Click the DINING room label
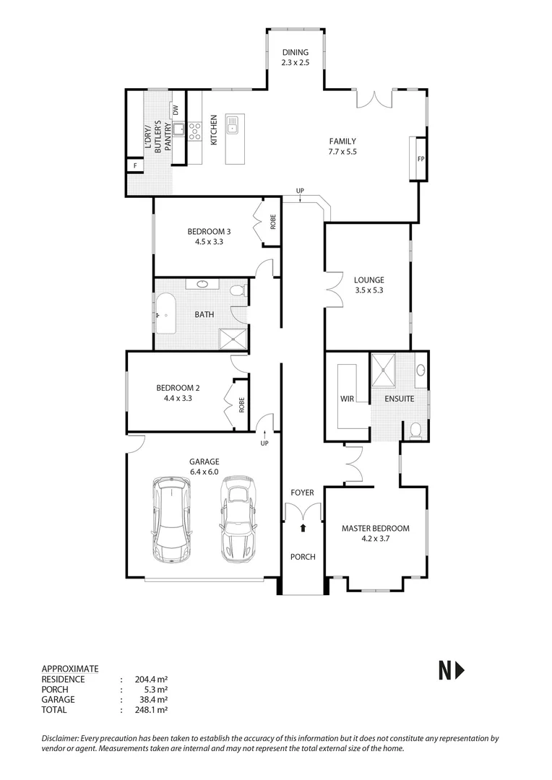(295, 53)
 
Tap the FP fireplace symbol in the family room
(420, 159)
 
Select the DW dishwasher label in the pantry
(176, 110)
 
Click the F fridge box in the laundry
(134, 166)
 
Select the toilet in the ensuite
(415, 430)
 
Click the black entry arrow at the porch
(303, 528)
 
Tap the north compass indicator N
(452, 671)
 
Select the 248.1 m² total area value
(151, 710)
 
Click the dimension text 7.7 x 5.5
(342, 152)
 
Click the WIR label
(347, 398)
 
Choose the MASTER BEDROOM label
(375, 528)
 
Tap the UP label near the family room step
(300, 191)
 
